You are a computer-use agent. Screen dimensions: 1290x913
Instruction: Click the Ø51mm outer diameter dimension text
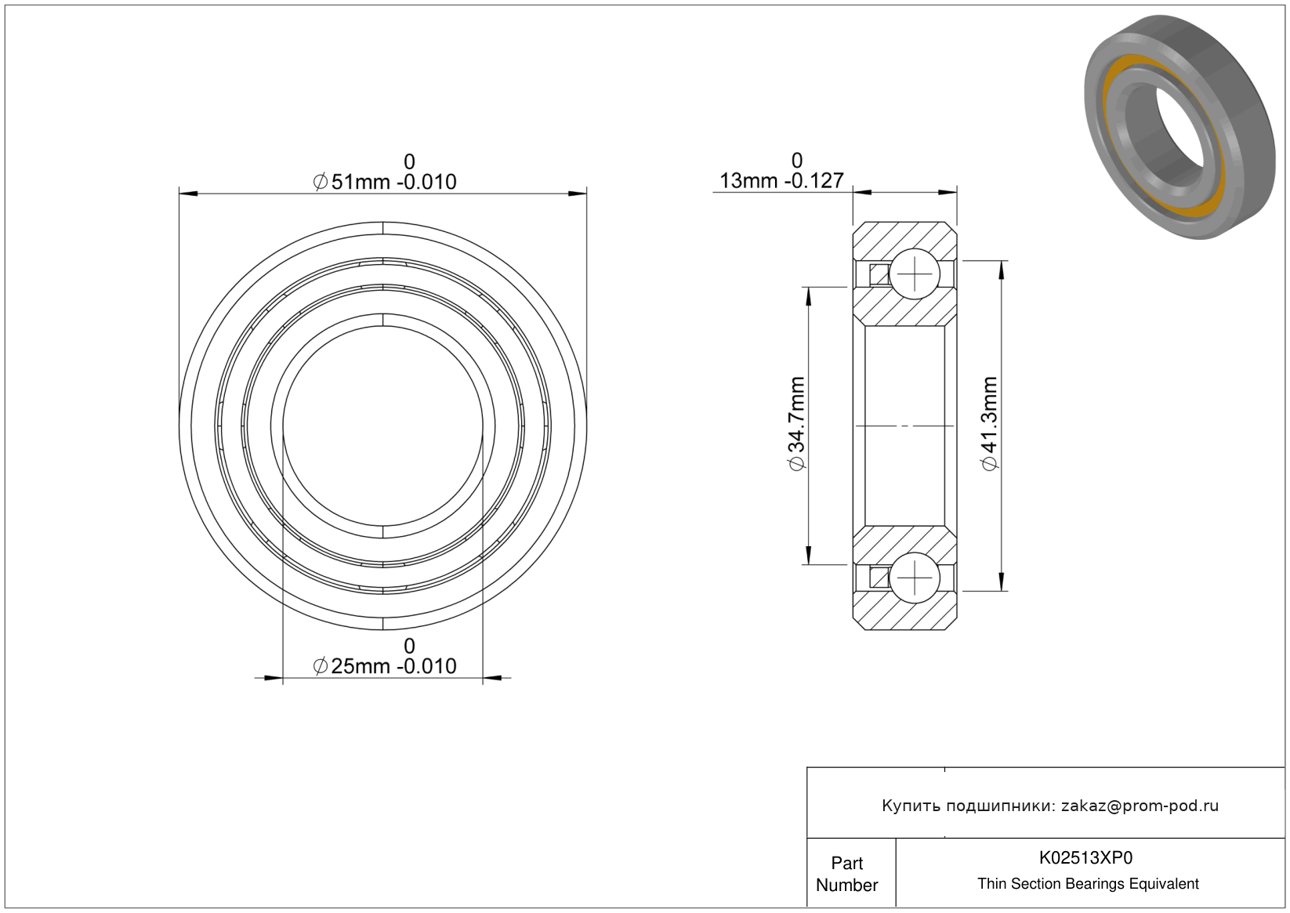[384, 182]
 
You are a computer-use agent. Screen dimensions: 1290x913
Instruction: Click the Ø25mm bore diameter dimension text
[384, 666]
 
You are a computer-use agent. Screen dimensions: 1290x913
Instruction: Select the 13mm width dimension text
[781, 181]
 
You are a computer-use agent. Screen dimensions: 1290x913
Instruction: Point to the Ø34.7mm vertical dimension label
[796, 424]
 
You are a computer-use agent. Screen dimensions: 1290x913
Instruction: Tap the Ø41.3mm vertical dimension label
[989, 424]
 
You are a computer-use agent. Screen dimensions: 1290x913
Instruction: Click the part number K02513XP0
[1085, 857]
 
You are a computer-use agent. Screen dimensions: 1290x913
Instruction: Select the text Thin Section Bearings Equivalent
[1088, 883]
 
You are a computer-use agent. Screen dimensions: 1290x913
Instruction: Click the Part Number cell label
[846, 874]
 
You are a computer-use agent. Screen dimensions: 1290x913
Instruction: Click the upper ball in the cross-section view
[915, 274]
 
